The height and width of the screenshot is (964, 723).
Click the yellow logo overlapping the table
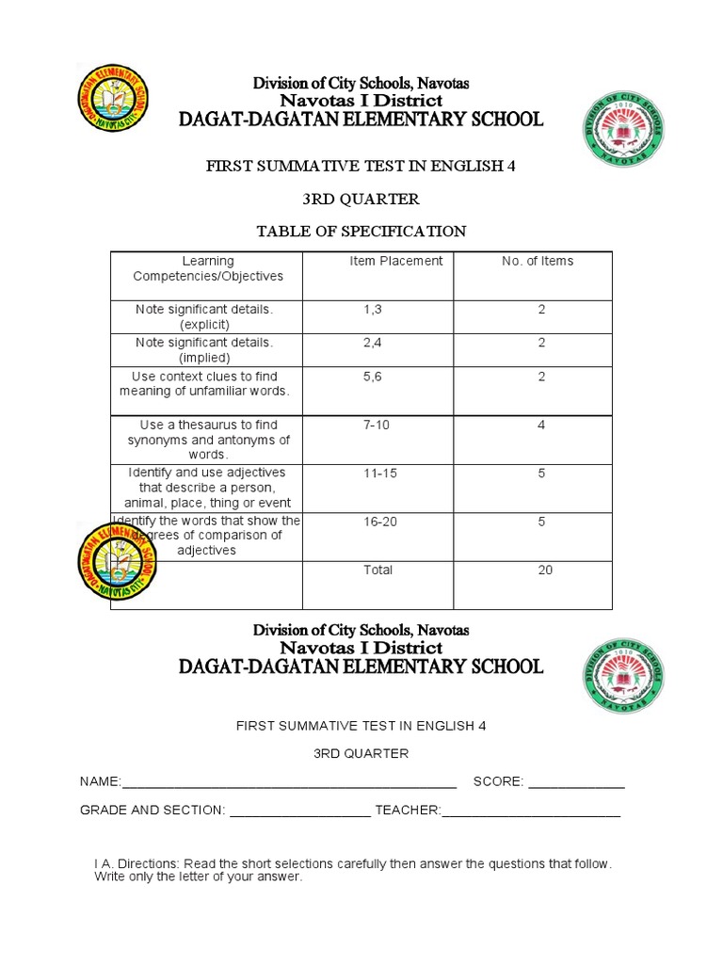point(118,562)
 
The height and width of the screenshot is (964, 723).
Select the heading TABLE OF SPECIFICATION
point(361,231)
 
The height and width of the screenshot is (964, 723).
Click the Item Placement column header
point(395,262)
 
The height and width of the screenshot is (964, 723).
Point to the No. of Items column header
point(538,262)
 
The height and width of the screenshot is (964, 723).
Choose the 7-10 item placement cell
point(377,426)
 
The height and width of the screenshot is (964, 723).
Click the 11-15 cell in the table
point(379,474)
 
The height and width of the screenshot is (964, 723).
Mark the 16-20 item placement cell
point(379,522)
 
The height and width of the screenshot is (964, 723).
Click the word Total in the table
point(378,570)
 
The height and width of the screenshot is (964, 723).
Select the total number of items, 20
point(545,570)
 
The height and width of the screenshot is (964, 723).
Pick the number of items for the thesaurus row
point(541,426)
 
